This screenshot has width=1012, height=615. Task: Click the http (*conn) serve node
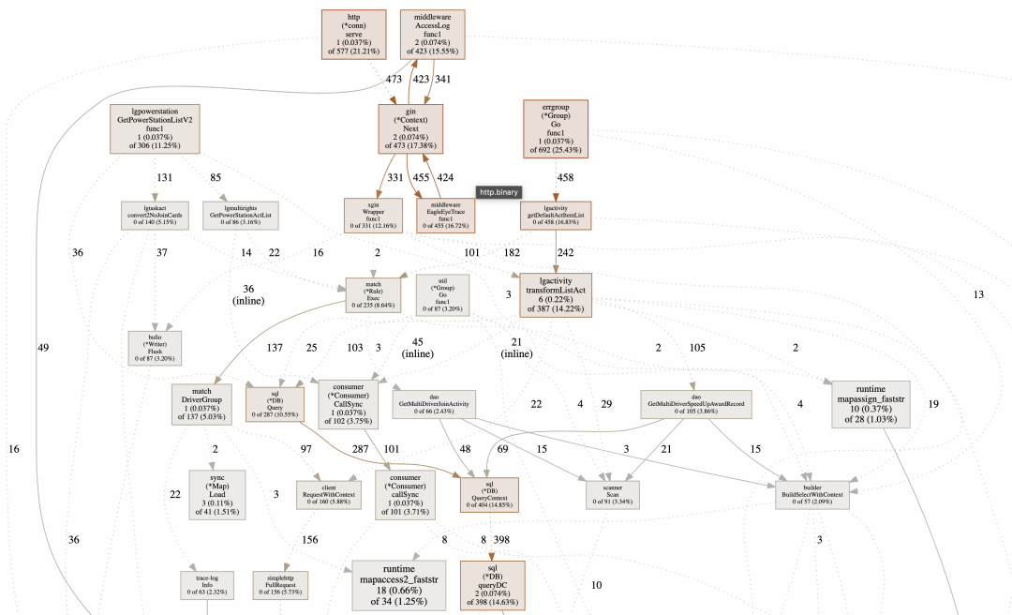[x=354, y=36]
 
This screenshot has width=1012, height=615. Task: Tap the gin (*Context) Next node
[x=410, y=129]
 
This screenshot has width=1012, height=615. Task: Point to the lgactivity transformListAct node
[x=556, y=295]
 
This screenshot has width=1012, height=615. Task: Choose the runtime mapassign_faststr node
[x=871, y=404]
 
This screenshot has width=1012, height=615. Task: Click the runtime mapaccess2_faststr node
[x=399, y=585]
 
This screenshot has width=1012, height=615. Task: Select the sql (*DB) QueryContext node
[x=490, y=495]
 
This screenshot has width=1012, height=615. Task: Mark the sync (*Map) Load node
[x=216, y=495]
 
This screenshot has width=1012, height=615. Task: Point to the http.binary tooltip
[x=499, y=191]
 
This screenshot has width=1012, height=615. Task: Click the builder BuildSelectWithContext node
[x=812, y=494]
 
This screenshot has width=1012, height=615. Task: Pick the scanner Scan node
[x=605, y=494]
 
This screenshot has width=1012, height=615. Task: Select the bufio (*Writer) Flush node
[x=155, y=345]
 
